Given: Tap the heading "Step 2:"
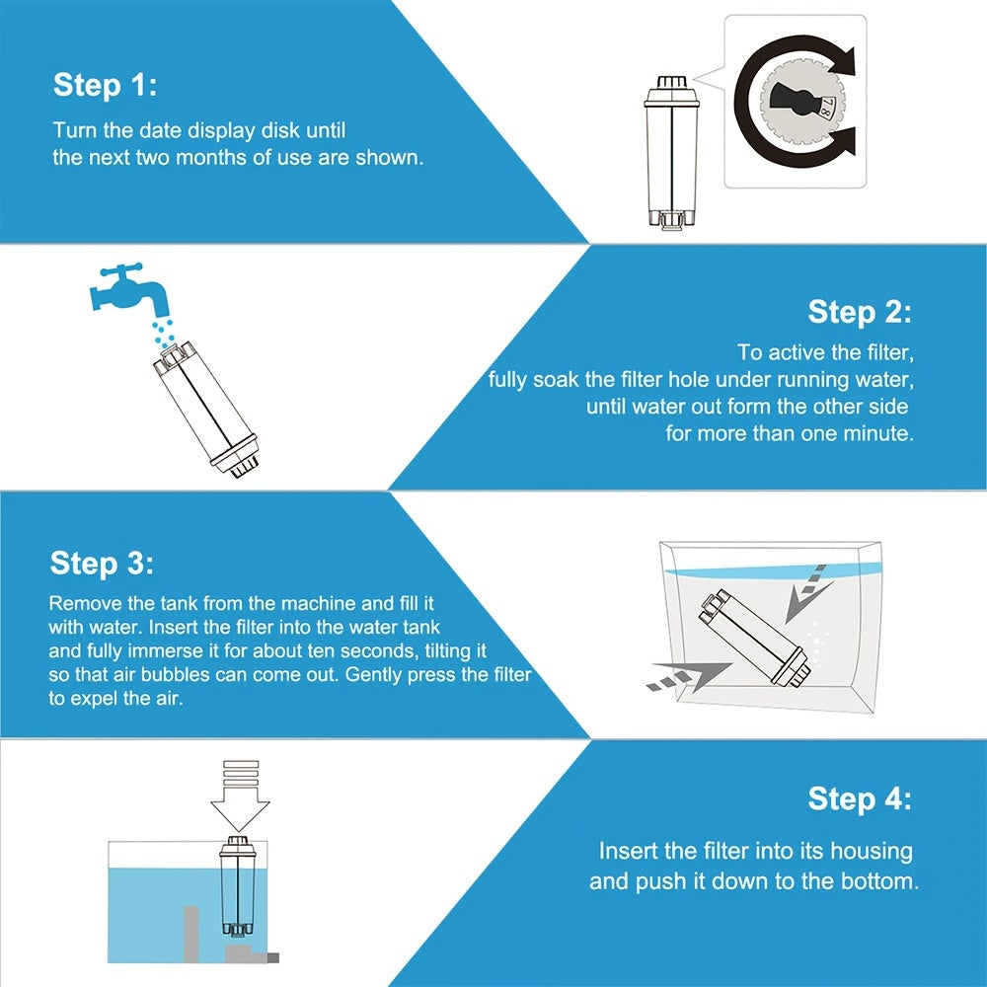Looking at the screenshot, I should (x=860, y=313).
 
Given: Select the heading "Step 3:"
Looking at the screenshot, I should (x=102, y=564).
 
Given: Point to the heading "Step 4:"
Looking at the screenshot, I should (x=860, y=797).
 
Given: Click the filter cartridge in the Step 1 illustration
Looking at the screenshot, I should (x=671, y=153).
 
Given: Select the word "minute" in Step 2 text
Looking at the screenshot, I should (x=873, y=433).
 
